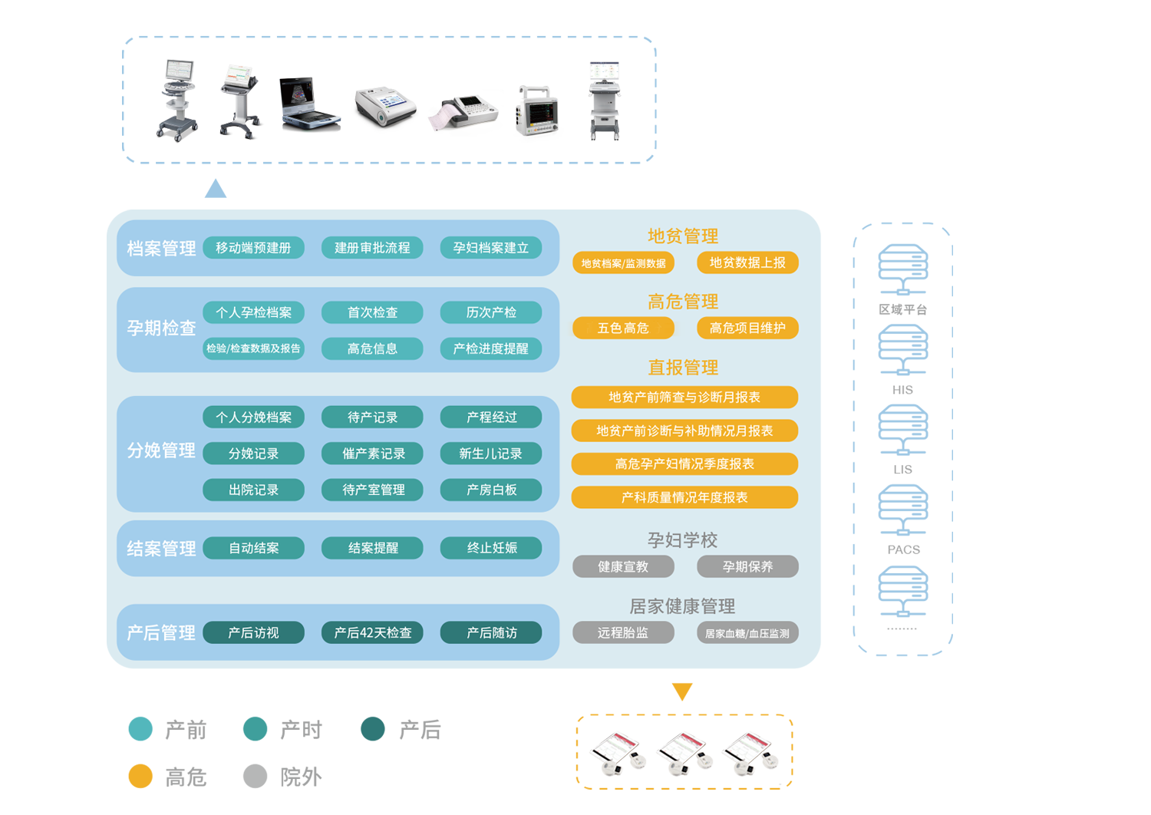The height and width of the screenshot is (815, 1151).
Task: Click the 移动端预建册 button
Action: coord(253,248)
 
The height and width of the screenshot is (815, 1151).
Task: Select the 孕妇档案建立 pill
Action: coord(490,248)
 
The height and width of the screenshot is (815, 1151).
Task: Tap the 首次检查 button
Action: coord(372,312)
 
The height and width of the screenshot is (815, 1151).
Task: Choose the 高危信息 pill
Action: coord(372,348)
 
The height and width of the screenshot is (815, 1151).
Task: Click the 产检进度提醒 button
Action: coord(490,348)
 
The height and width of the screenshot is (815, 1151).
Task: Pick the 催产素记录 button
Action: coord(373,454)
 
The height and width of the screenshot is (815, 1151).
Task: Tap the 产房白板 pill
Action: coord(491,490)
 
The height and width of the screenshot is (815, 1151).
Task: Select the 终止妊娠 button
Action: coord(491,548)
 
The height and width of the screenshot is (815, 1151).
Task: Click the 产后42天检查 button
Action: coord(372,632)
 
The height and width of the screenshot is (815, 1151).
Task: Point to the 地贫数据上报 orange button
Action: coord(747,262)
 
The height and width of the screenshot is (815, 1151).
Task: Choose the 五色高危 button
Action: coord(623,328)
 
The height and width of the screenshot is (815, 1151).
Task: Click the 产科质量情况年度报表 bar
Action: coord(684,497)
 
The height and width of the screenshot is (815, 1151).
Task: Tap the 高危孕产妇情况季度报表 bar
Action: coord(684,464)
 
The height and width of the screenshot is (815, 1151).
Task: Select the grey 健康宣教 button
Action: coord(623,566)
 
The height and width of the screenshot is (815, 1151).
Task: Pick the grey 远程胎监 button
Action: coord(623,632)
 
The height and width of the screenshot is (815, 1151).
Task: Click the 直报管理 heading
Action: coord(683,368)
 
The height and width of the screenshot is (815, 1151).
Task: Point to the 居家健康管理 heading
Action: coord(682,606)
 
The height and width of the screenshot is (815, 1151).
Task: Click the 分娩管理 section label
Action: coord(161,450)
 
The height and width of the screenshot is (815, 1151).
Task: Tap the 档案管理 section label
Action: coord(161,249)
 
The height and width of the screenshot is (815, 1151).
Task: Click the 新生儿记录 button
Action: coord(490,454)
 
